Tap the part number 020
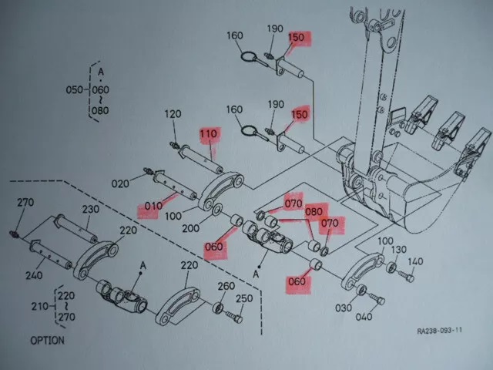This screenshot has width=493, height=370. pos(120,183)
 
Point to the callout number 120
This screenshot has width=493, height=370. pos(172,114)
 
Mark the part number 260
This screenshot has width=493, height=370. pos(226,287)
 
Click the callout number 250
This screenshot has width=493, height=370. pos(243,298)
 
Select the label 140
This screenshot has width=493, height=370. pos(416,262)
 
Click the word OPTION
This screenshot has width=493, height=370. pos(47,340)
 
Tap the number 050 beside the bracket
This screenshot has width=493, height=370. pos(74,89)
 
